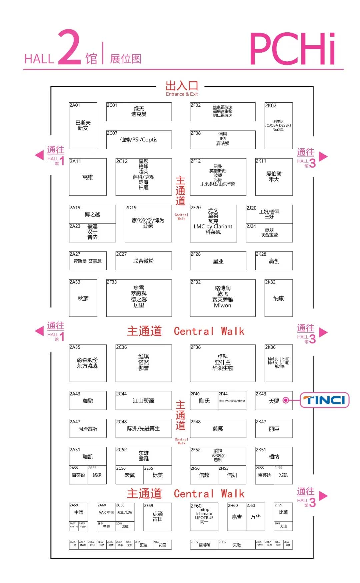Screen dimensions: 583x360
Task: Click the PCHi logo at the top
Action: click(x=292, y=49)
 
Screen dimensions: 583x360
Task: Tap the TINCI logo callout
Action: click(x=325, y=400)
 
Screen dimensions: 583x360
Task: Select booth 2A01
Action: click(x=83, y=126)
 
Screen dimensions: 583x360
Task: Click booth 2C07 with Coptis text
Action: click(x=139, y=140)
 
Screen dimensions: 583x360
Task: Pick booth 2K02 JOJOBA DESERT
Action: click(x=278, y=126)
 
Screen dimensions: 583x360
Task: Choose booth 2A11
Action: click(x=88, y=177)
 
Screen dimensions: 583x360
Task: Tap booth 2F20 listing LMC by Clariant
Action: click(x=213, y=223)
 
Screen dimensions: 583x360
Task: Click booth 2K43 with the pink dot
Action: click(x=274, y=400)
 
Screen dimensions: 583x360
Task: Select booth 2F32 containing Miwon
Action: click(x=223, y=298)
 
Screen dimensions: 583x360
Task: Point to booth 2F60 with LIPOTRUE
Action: click(x=204, y=516)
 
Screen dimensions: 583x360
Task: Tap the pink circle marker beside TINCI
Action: click(x=286, y=400)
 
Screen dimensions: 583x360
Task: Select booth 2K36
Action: click(x=278, y=363)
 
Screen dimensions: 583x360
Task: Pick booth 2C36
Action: click(x=143, y=363)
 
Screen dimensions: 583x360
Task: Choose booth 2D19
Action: click(x=148, y=223)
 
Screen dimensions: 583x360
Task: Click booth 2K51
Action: click(x=274, y=456)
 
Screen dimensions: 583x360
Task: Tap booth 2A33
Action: click(x=83, y=298)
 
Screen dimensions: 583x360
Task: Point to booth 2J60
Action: click(x=255, y=516)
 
